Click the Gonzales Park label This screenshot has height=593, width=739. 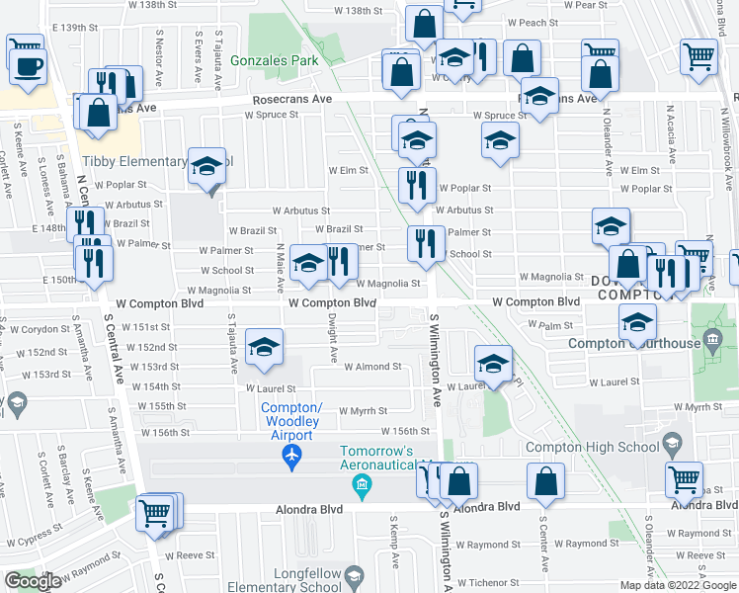[275, 60]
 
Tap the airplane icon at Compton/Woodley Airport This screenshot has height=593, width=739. [290, 456]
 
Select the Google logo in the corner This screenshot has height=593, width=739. [34, 581]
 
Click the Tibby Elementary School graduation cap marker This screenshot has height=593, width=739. [208, 166]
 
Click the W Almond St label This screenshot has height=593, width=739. [372, 366]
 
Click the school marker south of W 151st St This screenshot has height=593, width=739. [264, 346]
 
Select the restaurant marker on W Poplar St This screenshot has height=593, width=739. [418, 184]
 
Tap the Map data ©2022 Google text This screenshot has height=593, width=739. [678, 585]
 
